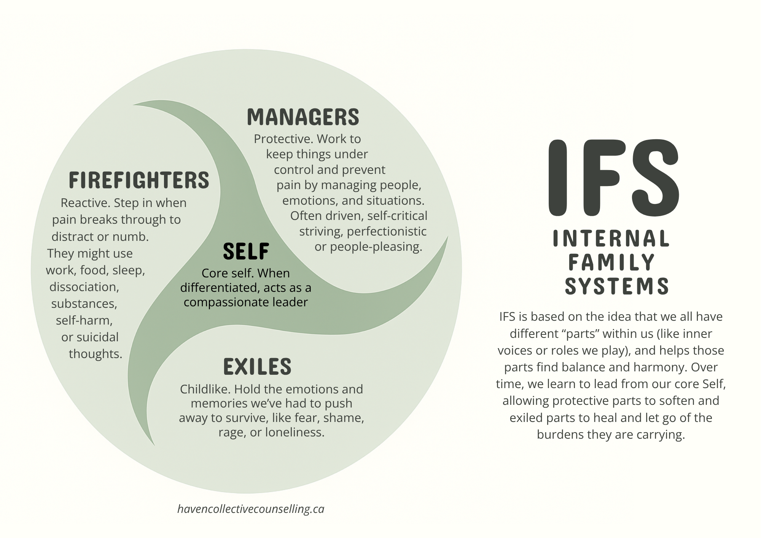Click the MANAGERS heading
(303, 117)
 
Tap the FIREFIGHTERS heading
(139, 180)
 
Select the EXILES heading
(257, 366)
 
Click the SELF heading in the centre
(246, 251)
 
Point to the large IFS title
(613, 178)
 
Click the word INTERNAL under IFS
(611, 239)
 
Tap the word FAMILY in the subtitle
(611, 262)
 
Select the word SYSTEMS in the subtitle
(616, 286)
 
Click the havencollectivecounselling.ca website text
(251, 509)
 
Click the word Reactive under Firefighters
(85, 203)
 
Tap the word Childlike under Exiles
(205, 389)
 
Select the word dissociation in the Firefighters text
(84, 287)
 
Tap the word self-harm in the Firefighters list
(84, 320)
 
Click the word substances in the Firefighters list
(84, 304)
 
